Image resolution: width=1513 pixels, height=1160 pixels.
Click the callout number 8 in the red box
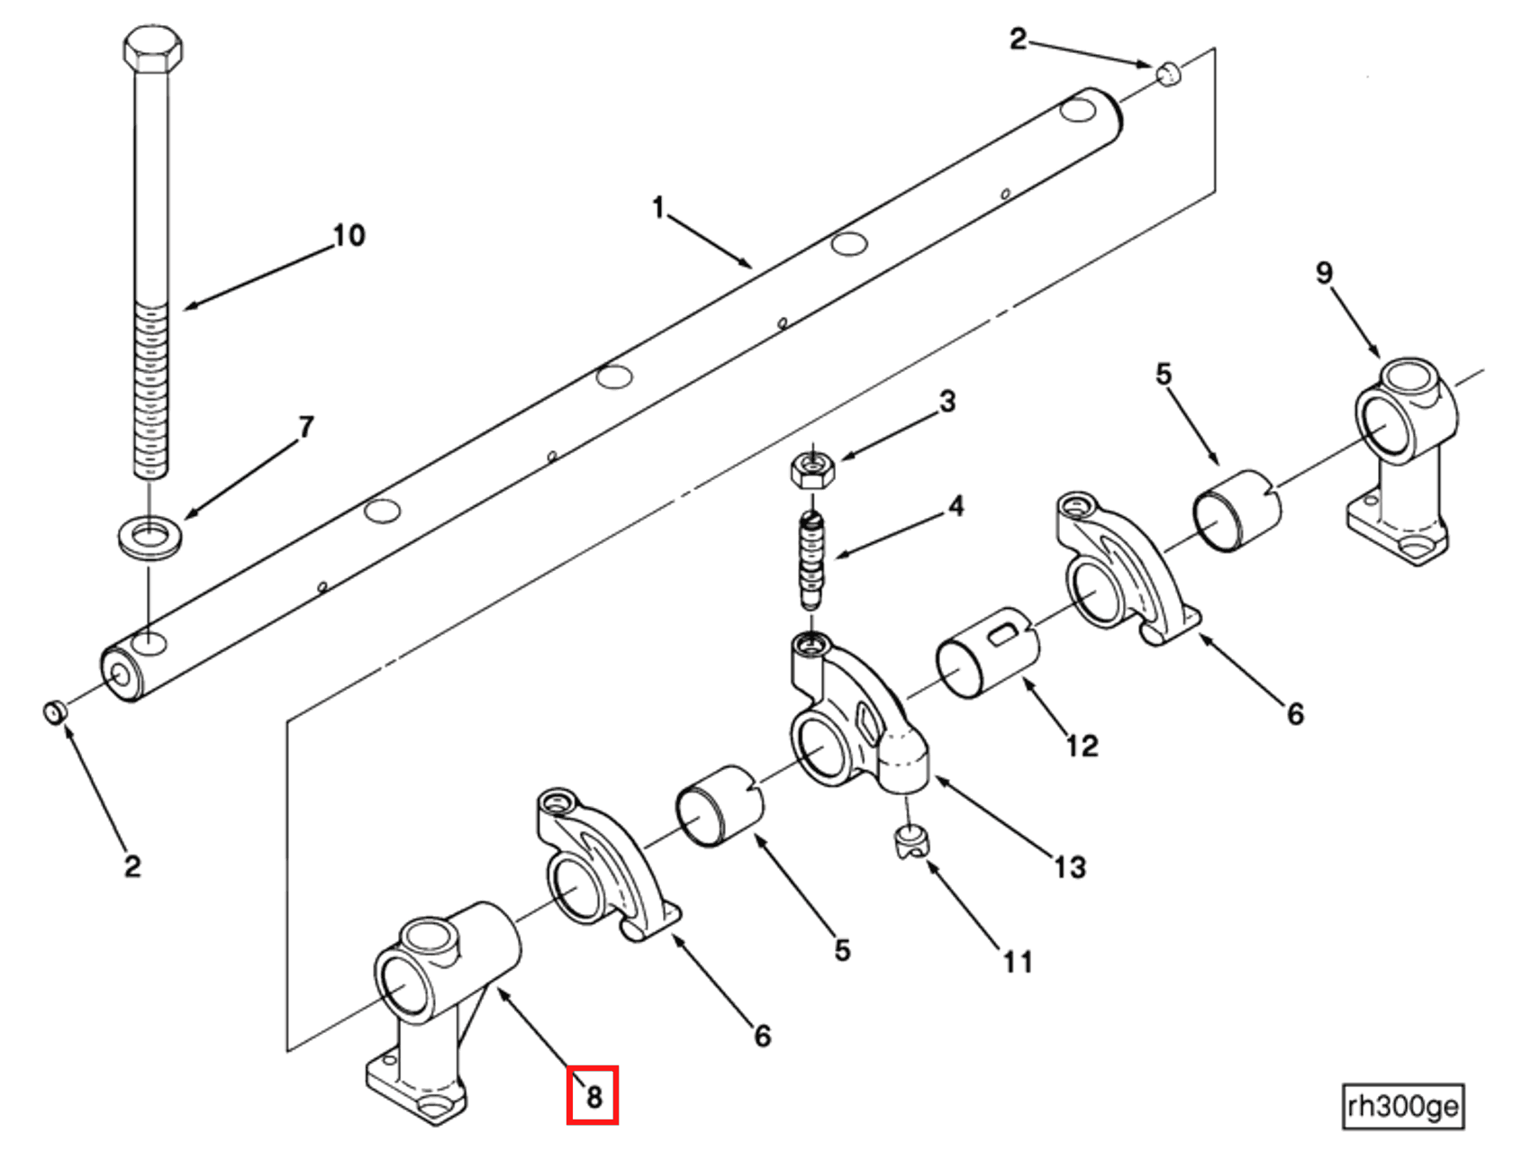(x=593, y=1097)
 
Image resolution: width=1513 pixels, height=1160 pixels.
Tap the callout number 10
(x=349, y=236)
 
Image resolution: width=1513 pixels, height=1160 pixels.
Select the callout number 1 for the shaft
(x=658, y=208)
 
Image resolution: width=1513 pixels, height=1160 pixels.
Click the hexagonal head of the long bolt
(x=152, y=49)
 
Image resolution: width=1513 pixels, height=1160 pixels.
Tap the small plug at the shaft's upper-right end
(x=1168, y=74)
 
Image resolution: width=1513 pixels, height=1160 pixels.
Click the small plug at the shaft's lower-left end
(x=55, y=711)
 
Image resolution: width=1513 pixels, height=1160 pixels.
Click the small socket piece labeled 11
(x=913, y=842)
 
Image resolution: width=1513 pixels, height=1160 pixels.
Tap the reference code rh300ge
(x=1403, y=1105)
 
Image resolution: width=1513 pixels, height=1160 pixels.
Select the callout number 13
(x=1070, y=867)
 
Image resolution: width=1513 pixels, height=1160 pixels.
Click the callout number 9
(x=1324, y=273)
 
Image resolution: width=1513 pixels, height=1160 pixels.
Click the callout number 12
(x=1082, y=746)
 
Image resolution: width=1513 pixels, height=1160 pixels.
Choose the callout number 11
(x=1018, y=962)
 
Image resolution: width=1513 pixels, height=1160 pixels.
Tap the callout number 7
(x=306, y=426)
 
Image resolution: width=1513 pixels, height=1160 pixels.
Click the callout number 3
(x=947, y=402)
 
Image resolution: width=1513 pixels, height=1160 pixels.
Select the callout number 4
(x=956, y=506)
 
